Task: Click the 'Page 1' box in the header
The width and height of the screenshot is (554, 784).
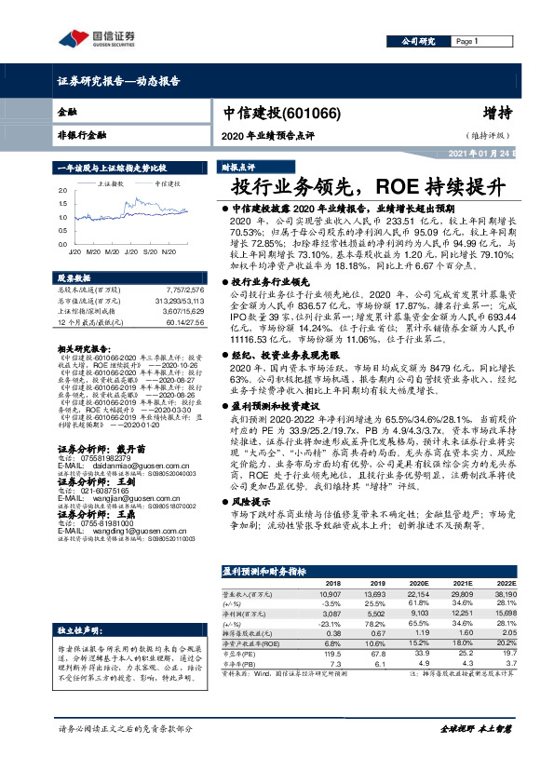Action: pos(466,42)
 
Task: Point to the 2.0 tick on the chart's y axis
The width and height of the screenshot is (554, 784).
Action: pos(63,190)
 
